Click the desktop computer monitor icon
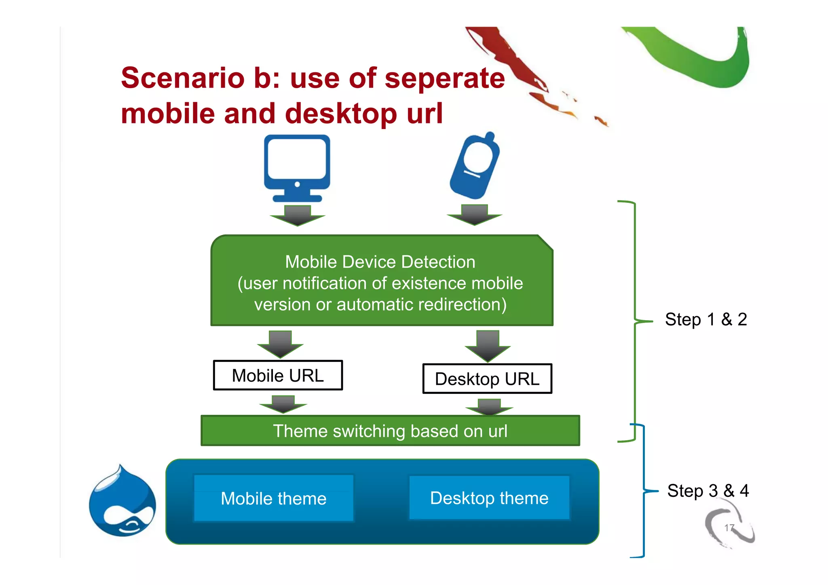(x=297, y=168)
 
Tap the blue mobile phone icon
(x=475, y=166)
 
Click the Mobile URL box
(x=278, y=376)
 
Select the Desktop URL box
(x=487, y=379)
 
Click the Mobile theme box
(x=274, y=498)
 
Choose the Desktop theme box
(x=489, y=498)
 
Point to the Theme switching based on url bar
(x=390, y=431)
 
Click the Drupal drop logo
(x=123, y=501)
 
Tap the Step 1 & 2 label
(x=706, y=319)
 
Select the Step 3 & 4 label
(x=708, y=491)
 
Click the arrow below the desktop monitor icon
(x=298, y=215)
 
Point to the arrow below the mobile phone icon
(x=474, y=215)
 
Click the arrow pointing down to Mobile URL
(x=280, y=344)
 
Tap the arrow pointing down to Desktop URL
(x=488, y=346)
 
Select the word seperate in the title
(x=445, y=78)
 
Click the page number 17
(x=729, y=528)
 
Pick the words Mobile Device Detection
(x=380, y=262)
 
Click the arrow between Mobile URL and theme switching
(x=283, y=404)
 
